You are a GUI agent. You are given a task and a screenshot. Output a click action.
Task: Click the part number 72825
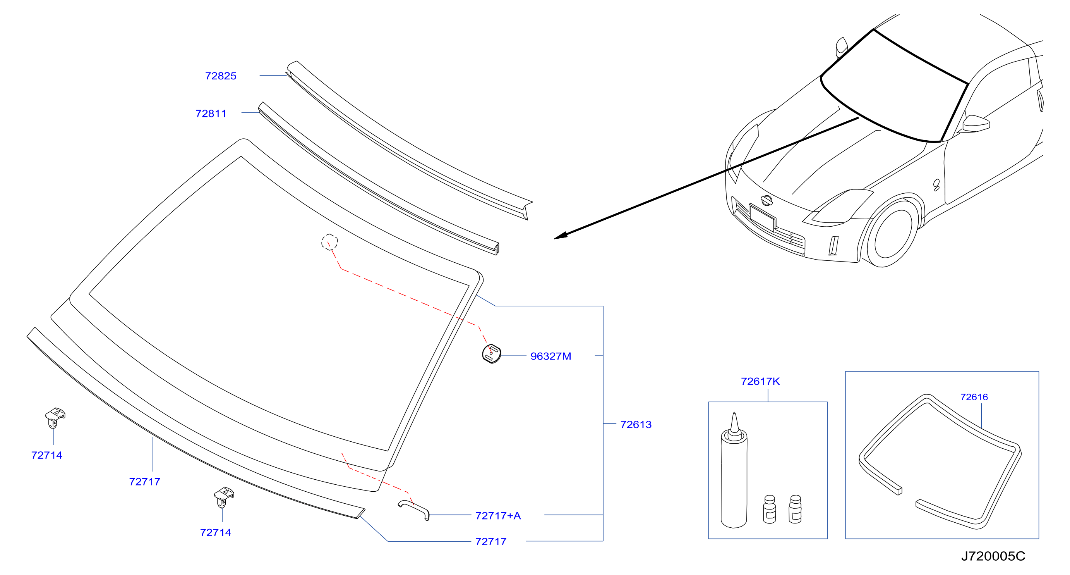[x=221, y=76]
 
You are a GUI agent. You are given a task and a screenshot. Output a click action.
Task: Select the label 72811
[x=211, y=114]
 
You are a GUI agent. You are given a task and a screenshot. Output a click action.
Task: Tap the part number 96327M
[x=551, y=356]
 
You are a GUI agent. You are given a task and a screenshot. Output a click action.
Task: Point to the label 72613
[x=636, y=425]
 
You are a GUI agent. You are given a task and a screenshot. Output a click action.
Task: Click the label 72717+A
[x=498, y=516]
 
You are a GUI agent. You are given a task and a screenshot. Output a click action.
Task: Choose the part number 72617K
[x=761, y=381]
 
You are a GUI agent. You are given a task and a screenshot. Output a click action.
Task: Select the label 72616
[x=974, y=397]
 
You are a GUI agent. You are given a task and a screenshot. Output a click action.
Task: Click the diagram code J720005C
[x=993, y=556]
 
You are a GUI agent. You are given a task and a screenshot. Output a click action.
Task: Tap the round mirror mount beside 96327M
[x=491, y=354]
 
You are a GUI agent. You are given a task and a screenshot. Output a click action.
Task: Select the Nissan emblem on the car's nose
[x=767, y=200]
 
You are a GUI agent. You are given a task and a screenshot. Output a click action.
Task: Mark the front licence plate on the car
[x=762, y=217]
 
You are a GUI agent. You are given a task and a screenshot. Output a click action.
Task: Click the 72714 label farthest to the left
[x=46, y=455]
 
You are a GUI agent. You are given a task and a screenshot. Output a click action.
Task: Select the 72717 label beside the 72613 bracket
[x=491, y=542]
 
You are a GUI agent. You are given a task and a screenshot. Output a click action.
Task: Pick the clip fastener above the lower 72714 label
[x=224, y=497]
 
